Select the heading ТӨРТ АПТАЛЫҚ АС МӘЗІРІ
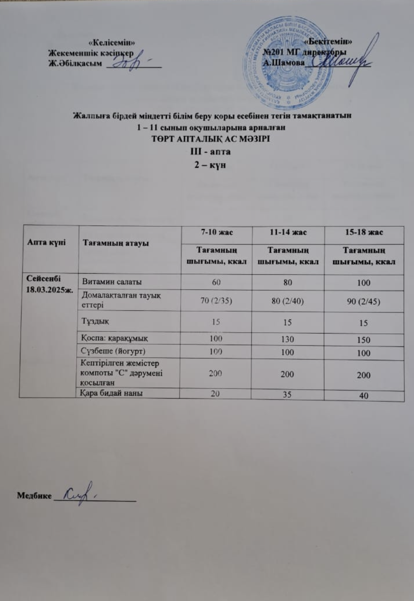(x=211, y=138)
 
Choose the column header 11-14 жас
(x=288, y=233)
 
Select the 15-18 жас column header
(x=363, y=233)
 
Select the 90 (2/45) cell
(x=364, y=301)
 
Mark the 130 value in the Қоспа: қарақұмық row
(x=288, y=339)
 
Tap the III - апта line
(x=210, y=151)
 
